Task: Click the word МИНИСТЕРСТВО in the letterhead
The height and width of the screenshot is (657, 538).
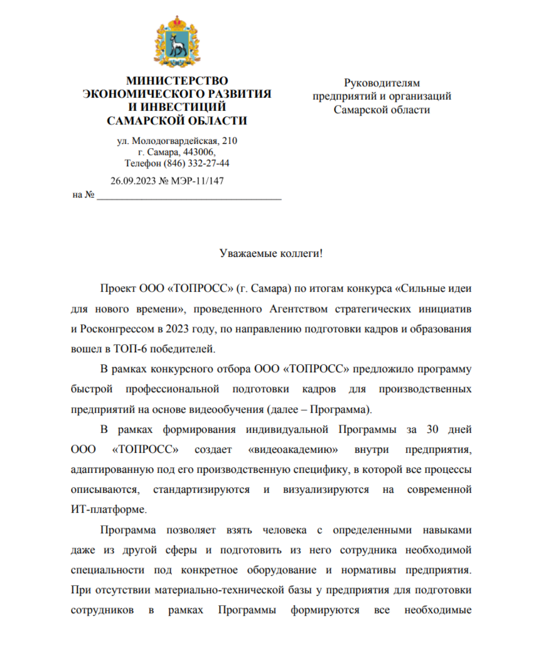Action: [177, 81]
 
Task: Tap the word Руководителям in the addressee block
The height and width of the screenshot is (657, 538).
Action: [382, 83]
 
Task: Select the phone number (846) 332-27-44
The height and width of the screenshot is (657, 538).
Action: [196, 163]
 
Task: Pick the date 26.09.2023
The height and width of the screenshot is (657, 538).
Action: [133, 181]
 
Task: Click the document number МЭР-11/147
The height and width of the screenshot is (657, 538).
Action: [197, 181]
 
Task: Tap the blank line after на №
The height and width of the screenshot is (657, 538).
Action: [189, 196]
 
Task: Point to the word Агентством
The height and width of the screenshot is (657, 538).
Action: [298, 309]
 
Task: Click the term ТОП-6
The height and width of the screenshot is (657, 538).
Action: [130, 349]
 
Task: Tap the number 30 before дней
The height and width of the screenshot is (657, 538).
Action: [432, 430]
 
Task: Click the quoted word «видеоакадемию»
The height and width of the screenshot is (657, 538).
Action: [293, 449]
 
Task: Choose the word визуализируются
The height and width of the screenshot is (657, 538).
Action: [326, 490]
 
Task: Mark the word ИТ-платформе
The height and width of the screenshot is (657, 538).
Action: [109, 510]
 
